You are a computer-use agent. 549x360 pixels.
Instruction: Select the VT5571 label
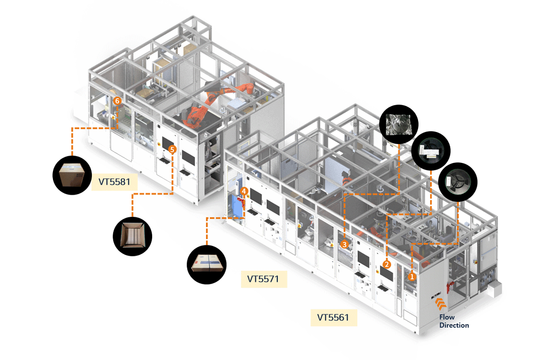[x=263, y=279]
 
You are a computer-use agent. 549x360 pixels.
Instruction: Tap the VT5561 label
[x=333, y=317]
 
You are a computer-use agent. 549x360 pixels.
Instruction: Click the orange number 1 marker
[x=412, y=277]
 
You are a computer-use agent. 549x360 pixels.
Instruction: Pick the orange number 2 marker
[x=386, y=264]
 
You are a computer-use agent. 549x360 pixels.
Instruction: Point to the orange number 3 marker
[x=344, y=245]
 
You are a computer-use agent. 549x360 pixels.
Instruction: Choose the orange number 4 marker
[x=245, y=191]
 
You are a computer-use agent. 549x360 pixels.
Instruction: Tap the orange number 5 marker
[x=173, y=150]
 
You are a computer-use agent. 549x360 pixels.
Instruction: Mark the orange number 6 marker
[x=117, y=101]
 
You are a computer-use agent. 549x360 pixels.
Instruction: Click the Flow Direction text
[x=454, y=321]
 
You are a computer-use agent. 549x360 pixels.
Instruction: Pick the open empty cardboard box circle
[x=132, y=236]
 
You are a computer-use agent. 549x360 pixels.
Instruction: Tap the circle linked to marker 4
[x=206, y=265]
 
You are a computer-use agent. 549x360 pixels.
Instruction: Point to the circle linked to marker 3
[x=399, y=123]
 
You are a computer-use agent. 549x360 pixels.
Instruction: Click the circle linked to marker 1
[x=457, y=182]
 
